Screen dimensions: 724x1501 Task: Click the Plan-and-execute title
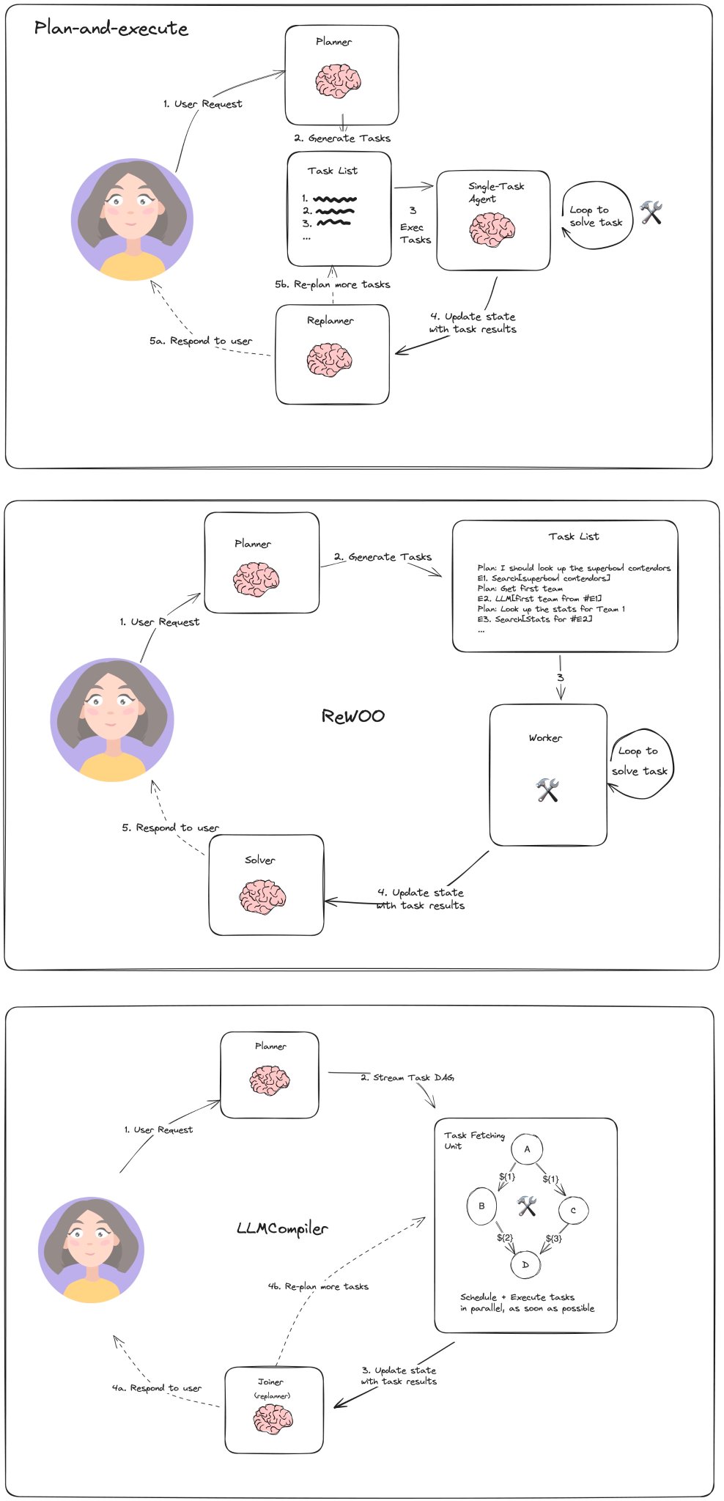pyautogui.click(x=111, y=29)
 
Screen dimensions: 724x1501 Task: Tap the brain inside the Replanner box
pyautogui.click(x=329, y=360)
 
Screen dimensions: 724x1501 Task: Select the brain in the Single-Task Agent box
pyautogui.click(x=492, y=229)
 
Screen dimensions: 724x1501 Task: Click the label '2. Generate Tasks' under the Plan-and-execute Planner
pyautogui.click(x=342, y=138)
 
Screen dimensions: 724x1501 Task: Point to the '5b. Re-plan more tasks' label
pyautogui.click(x=333, y=284)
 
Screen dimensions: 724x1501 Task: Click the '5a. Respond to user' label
pyautogui.click(x=201, y=341)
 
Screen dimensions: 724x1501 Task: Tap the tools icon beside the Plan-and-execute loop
pyautogui.click(x=651, y=213)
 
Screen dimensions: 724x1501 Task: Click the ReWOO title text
pyautogui.click(x=353, y=716)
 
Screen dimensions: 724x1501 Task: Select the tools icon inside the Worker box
pyautogui.click(x=547, y=790)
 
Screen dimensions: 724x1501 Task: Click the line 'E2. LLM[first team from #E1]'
pyautogui.click(x=540, y=599)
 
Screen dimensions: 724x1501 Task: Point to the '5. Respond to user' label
pyautogui.click(x=171, y=827)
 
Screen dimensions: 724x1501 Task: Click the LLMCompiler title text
pyautogui.click(x=282, y=1228)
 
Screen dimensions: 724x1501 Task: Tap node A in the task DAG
pyautogui.click(x=527, y=1149)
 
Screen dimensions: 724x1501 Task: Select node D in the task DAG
pyautogui.click(x=525, y=1265)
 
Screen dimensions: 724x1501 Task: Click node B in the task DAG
pyautogui.click(x=481, y=1206)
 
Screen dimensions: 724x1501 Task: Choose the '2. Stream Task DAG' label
pyautogui.click(x=407, y=1077)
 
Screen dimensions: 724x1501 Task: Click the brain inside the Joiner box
pyautogui.click(x=273, y=1419)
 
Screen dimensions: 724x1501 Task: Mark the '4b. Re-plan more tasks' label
pyautogui.click(x=318, y=1286)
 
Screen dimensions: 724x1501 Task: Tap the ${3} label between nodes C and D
pyautogui.click(x=554, y=1239)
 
